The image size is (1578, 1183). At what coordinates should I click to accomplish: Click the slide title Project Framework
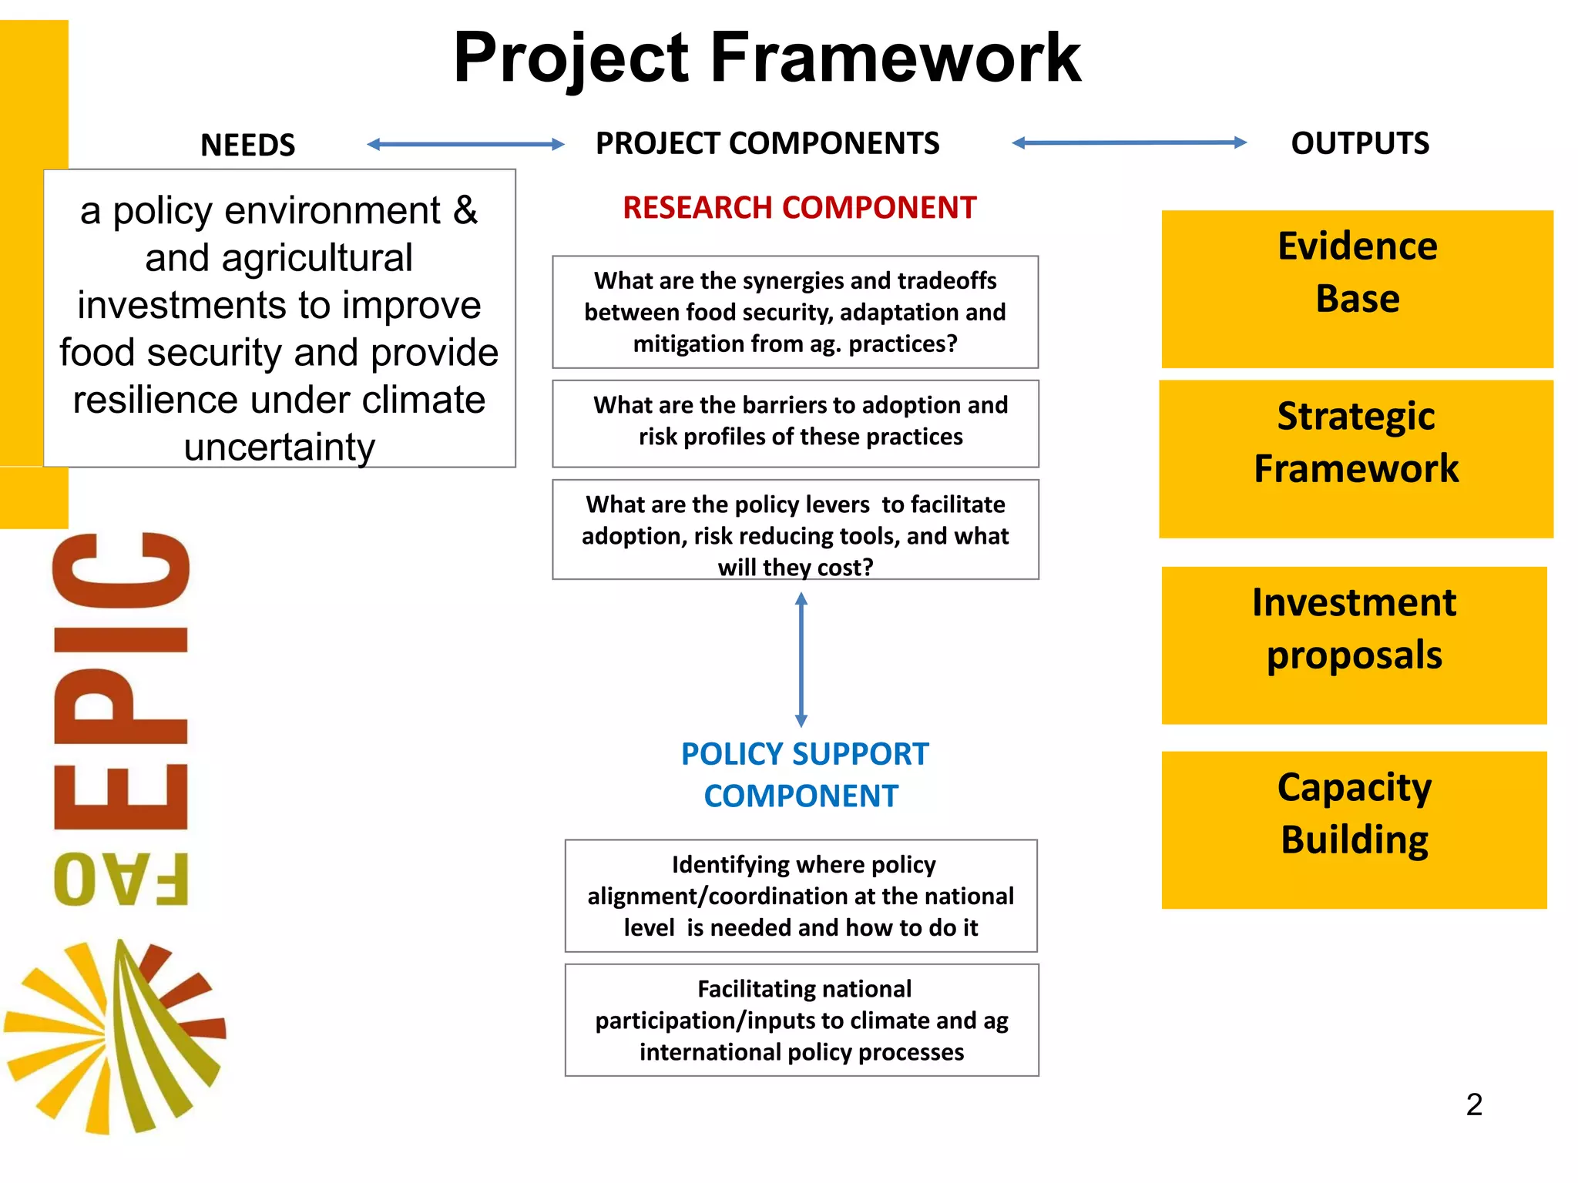[x=767, y=58]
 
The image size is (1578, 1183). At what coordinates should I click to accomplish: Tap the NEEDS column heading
[x=247, y=145]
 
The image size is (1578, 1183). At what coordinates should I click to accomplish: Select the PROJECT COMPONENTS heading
[x=767, y=143]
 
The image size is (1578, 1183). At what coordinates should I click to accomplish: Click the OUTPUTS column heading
[x=1360, y=143]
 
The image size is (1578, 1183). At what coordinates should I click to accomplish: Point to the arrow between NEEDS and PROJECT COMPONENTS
[x=465, y=144]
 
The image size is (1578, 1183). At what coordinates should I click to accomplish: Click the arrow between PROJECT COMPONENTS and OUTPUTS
[x=1129, y=142]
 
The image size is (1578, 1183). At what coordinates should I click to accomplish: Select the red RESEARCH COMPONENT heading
[x=799, y=208]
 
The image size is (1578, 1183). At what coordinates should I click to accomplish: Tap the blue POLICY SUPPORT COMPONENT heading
[x=804, y=775]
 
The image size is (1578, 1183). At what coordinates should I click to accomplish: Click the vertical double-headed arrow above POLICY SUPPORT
[x=801, y=659]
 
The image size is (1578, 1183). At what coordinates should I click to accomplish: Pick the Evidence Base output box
[x=1357, y=289]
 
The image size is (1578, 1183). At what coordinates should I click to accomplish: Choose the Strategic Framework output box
[x=1356, y=459]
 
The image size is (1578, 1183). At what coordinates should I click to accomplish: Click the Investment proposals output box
[x=1354, y=645]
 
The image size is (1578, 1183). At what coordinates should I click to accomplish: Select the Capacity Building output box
[x=1354, y=829]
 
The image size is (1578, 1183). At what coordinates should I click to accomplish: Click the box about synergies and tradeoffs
[x=795, y=312]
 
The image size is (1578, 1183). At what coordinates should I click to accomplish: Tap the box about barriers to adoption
[x=795, y=423]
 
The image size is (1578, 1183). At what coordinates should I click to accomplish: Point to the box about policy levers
[x=795, y=530]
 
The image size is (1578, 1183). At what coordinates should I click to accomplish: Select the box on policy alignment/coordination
[x=801, y=896]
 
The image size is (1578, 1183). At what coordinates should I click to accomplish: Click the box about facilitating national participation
[x=801, y=1020]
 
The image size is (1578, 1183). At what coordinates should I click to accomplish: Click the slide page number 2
[x=1474, y=1104]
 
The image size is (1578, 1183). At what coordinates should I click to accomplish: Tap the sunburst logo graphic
[x=116, y=1036]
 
